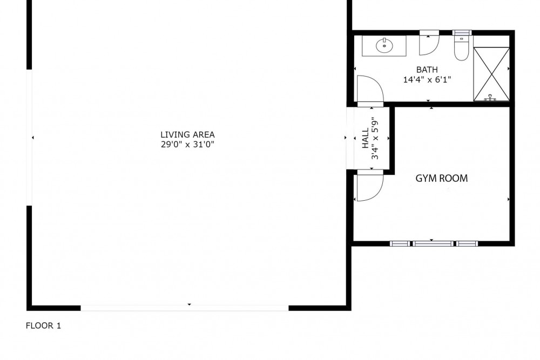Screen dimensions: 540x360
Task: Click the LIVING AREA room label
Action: click(187, 134)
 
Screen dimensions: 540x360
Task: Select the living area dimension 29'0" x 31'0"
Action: click(188, 144)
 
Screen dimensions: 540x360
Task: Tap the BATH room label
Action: click(427, 70)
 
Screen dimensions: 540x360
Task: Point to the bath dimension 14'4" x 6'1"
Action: click(427, 80)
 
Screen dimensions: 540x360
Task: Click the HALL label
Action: click(366, 138)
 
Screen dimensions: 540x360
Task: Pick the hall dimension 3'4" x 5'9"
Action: click(375, 138)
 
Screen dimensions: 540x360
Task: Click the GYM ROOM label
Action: click(442, 178)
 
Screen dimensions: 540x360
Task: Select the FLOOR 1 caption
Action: click(43, 325)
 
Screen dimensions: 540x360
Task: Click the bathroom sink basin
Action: click(384, 46)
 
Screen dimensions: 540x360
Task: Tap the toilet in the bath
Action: click(462, 48)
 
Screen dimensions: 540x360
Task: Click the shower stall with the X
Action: click(491, 74)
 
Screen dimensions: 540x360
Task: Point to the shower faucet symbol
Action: click(490, 98)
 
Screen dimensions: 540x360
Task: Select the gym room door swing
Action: click(370, 188)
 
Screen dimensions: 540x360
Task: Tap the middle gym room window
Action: click(434, 243)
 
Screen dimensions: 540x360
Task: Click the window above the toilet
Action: click(462, 33)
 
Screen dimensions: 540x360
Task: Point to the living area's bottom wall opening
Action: click(185, 308)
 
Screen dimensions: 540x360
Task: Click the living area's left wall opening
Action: click(29, 138)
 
